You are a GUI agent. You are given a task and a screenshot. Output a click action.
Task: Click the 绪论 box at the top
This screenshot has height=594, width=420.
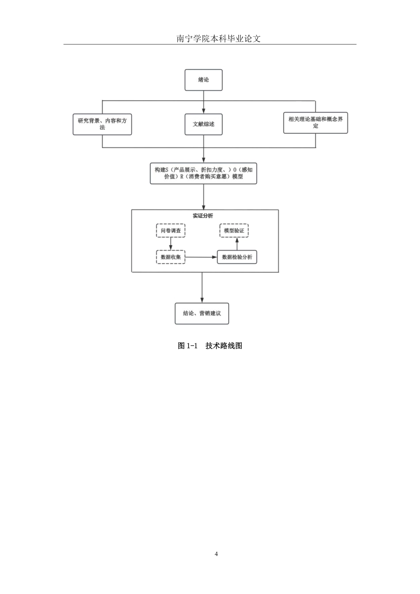point(203,80)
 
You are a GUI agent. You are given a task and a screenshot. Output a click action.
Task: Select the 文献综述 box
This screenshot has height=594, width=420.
point(203,124)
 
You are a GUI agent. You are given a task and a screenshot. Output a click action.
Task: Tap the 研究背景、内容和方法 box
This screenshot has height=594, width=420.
point(102,124)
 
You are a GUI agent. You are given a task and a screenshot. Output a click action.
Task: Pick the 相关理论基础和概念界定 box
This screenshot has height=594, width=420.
point(316,123)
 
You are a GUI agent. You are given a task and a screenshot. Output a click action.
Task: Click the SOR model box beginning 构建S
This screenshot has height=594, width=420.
point(203,173)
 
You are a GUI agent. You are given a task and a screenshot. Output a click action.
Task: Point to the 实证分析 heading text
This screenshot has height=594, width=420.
point(202,216)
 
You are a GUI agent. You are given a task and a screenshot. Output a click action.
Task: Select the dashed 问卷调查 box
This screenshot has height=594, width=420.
point(171,230)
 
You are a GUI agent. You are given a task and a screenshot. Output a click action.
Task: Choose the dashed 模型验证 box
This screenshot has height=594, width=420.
point(234,230)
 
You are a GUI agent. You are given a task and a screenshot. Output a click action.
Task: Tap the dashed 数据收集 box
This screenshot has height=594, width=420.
point(171,257)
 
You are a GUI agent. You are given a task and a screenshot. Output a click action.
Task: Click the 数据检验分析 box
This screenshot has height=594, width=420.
point(237,257)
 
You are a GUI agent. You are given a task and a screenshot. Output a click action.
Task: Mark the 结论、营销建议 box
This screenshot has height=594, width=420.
point(202,313)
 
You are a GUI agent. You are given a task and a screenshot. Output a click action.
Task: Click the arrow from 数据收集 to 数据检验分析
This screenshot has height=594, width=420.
point(201,257)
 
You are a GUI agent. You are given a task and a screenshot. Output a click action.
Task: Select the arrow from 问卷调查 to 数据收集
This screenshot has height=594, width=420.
point(171,244)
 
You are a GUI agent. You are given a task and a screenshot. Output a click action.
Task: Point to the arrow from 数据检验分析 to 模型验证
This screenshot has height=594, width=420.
point(237,244)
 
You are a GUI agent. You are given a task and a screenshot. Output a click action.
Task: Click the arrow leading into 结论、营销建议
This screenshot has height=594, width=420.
point(202,288)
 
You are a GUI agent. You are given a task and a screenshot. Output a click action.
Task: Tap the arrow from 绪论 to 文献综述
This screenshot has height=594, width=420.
point(203,103)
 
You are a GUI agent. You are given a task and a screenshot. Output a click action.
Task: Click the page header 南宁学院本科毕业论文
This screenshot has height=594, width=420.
point(219,39)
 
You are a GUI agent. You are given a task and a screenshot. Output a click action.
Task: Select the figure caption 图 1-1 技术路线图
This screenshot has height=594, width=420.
point(210,346)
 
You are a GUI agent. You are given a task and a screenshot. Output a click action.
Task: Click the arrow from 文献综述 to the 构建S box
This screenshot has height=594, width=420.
point(203,149)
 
